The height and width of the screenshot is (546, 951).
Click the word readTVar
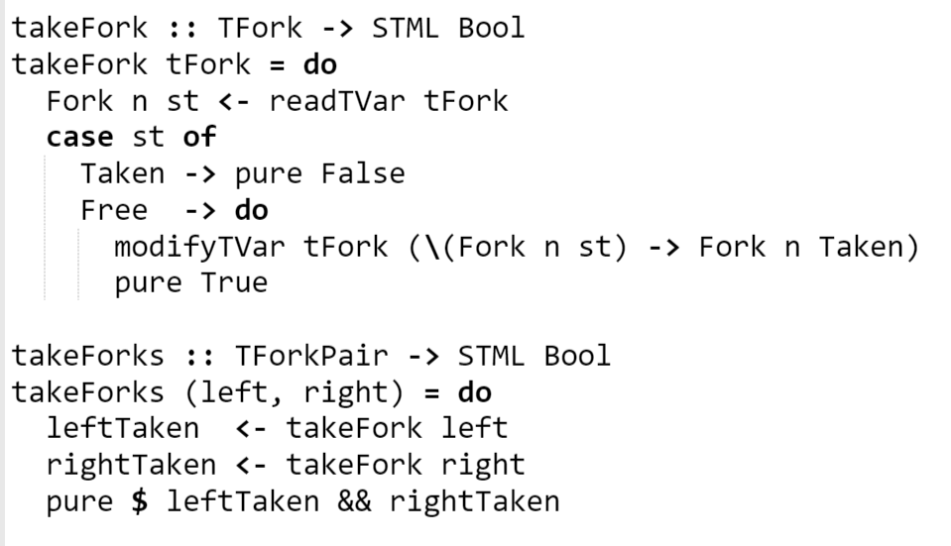337,101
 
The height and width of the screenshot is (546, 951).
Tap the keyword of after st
199,137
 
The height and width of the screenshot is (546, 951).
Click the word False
363,173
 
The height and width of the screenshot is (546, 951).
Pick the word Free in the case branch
114,210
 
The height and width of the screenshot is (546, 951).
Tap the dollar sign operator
139,501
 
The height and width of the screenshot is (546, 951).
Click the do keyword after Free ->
251,210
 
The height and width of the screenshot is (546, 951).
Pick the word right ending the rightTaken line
483,465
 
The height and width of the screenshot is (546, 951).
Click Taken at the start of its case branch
123,173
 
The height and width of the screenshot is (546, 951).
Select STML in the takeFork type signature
406,29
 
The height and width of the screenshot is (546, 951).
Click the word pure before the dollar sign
79,501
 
